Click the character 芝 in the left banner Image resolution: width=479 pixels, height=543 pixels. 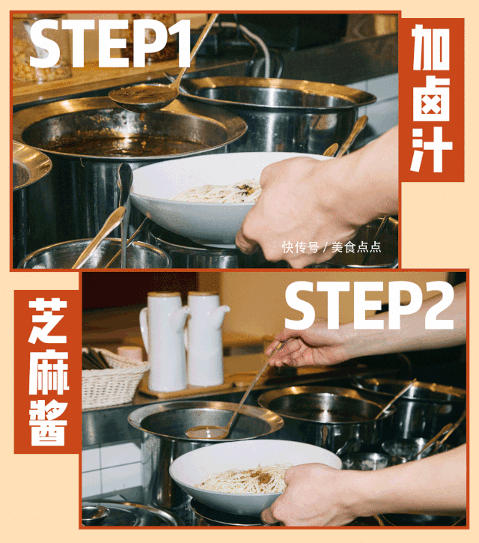[47, 323]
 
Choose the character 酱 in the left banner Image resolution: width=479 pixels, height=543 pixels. [47, 424]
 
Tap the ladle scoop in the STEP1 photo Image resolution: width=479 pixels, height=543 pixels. [141, 96]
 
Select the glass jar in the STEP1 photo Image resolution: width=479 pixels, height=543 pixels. [41, 49]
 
